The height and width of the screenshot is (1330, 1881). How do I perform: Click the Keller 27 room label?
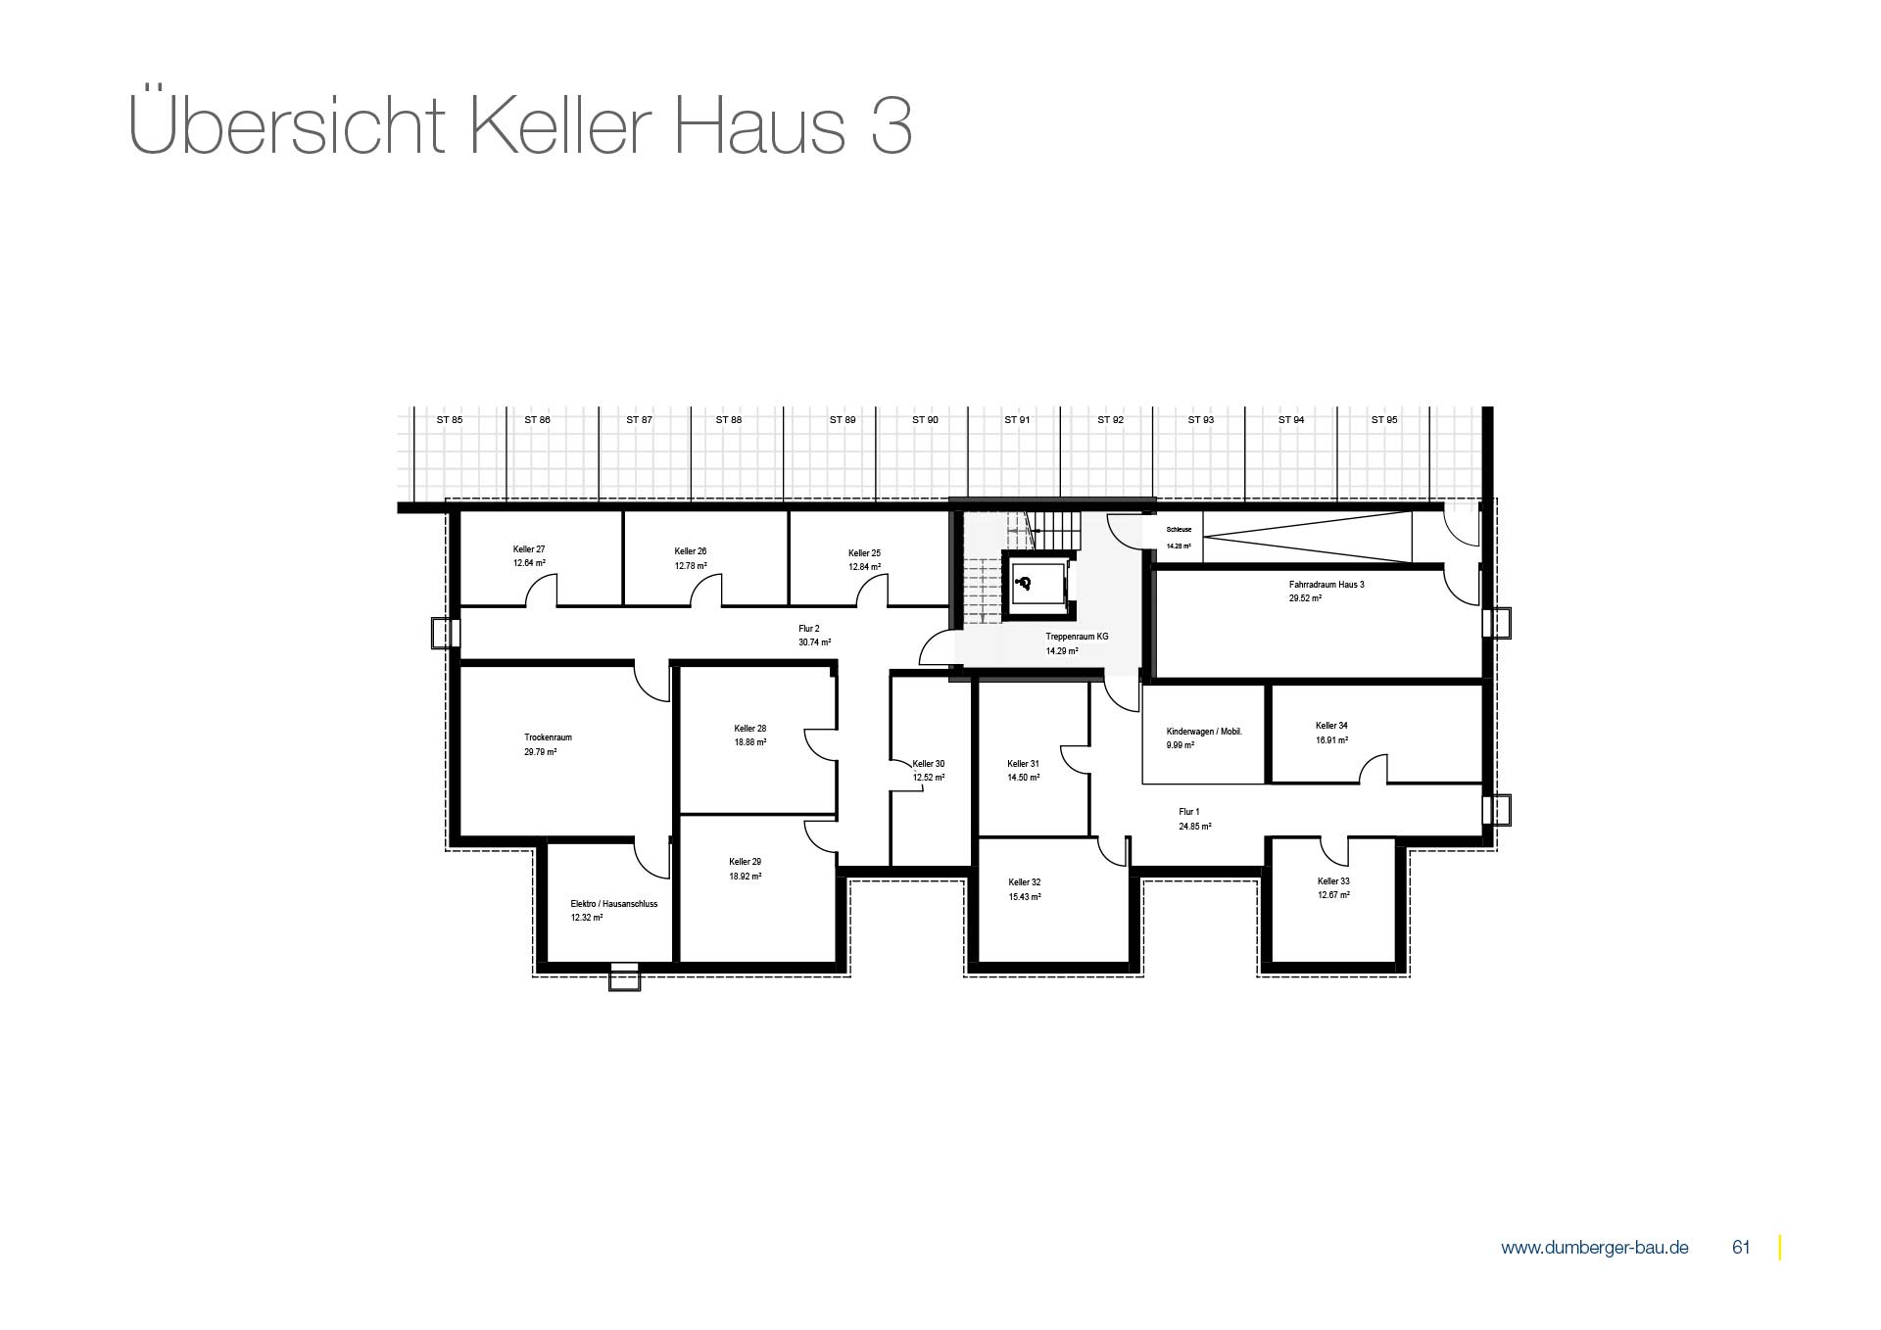[529, 549]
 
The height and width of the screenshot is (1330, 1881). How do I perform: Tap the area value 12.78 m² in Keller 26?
[691, 566]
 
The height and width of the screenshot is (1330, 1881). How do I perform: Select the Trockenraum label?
[548, 737]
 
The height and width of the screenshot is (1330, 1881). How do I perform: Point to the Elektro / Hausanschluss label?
[614, 904]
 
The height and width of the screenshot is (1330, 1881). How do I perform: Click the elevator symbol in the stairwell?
[1025, 584]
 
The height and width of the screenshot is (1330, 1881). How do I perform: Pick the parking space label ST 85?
[450, 419]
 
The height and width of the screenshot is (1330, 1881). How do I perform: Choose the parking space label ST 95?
[1384, 419]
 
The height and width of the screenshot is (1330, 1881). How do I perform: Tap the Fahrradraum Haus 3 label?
[1326, 585]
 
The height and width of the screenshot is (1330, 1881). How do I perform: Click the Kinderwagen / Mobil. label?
[1204, 732]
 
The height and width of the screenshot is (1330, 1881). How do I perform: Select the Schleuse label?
[1179, 529]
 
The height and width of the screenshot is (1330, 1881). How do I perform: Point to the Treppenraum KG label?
[1077, 637]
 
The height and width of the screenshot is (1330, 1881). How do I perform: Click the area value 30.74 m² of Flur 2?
[814, 642]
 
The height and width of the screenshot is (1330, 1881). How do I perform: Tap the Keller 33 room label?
[1333, 881]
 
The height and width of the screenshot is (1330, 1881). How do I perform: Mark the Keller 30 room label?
[929, 764]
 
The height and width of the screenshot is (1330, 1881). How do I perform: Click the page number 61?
[1741, 1248]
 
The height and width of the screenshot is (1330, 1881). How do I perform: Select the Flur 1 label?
[1189, 812]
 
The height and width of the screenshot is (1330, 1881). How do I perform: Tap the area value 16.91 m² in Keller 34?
[1331, 740]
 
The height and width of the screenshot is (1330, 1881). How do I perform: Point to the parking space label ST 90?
[925, 419]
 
